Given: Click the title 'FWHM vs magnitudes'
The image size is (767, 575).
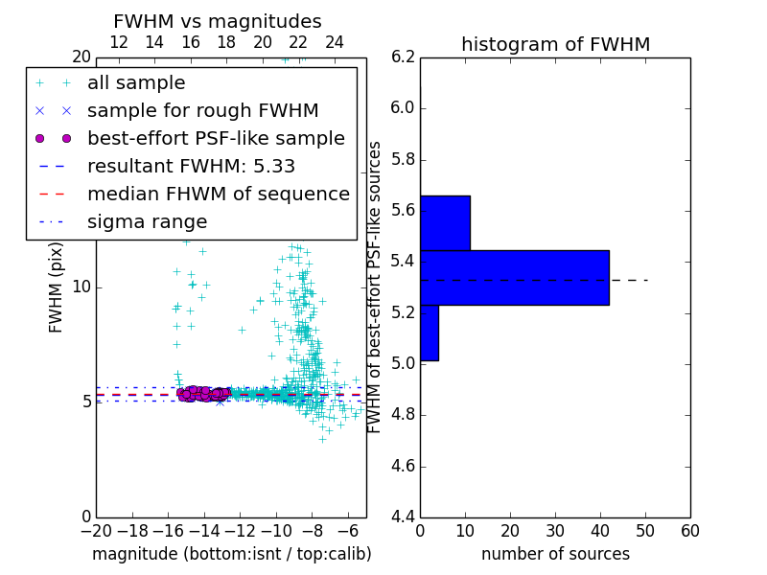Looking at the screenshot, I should (218, 21).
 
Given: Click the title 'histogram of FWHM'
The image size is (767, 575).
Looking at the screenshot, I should (555, 44).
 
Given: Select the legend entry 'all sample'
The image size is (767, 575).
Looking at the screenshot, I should (136, 83).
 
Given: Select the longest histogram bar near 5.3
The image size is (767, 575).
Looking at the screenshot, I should (514, 278).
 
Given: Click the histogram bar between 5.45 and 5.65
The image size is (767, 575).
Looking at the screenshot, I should (445, 223).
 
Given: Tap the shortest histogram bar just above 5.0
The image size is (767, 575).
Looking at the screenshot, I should (430, 333).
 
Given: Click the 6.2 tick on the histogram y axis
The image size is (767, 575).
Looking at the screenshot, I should (404, 57).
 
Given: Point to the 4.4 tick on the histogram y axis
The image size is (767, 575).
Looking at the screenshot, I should (404, 517).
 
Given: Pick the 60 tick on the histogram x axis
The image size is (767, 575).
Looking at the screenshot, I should (689, 531).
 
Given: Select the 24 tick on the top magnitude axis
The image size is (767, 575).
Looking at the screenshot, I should (335, 42).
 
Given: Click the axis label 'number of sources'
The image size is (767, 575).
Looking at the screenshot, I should (555, 554).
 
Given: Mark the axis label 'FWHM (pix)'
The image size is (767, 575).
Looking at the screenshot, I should (57, 287).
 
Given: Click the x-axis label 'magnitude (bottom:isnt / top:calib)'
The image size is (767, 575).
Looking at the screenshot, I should (231, 554).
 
